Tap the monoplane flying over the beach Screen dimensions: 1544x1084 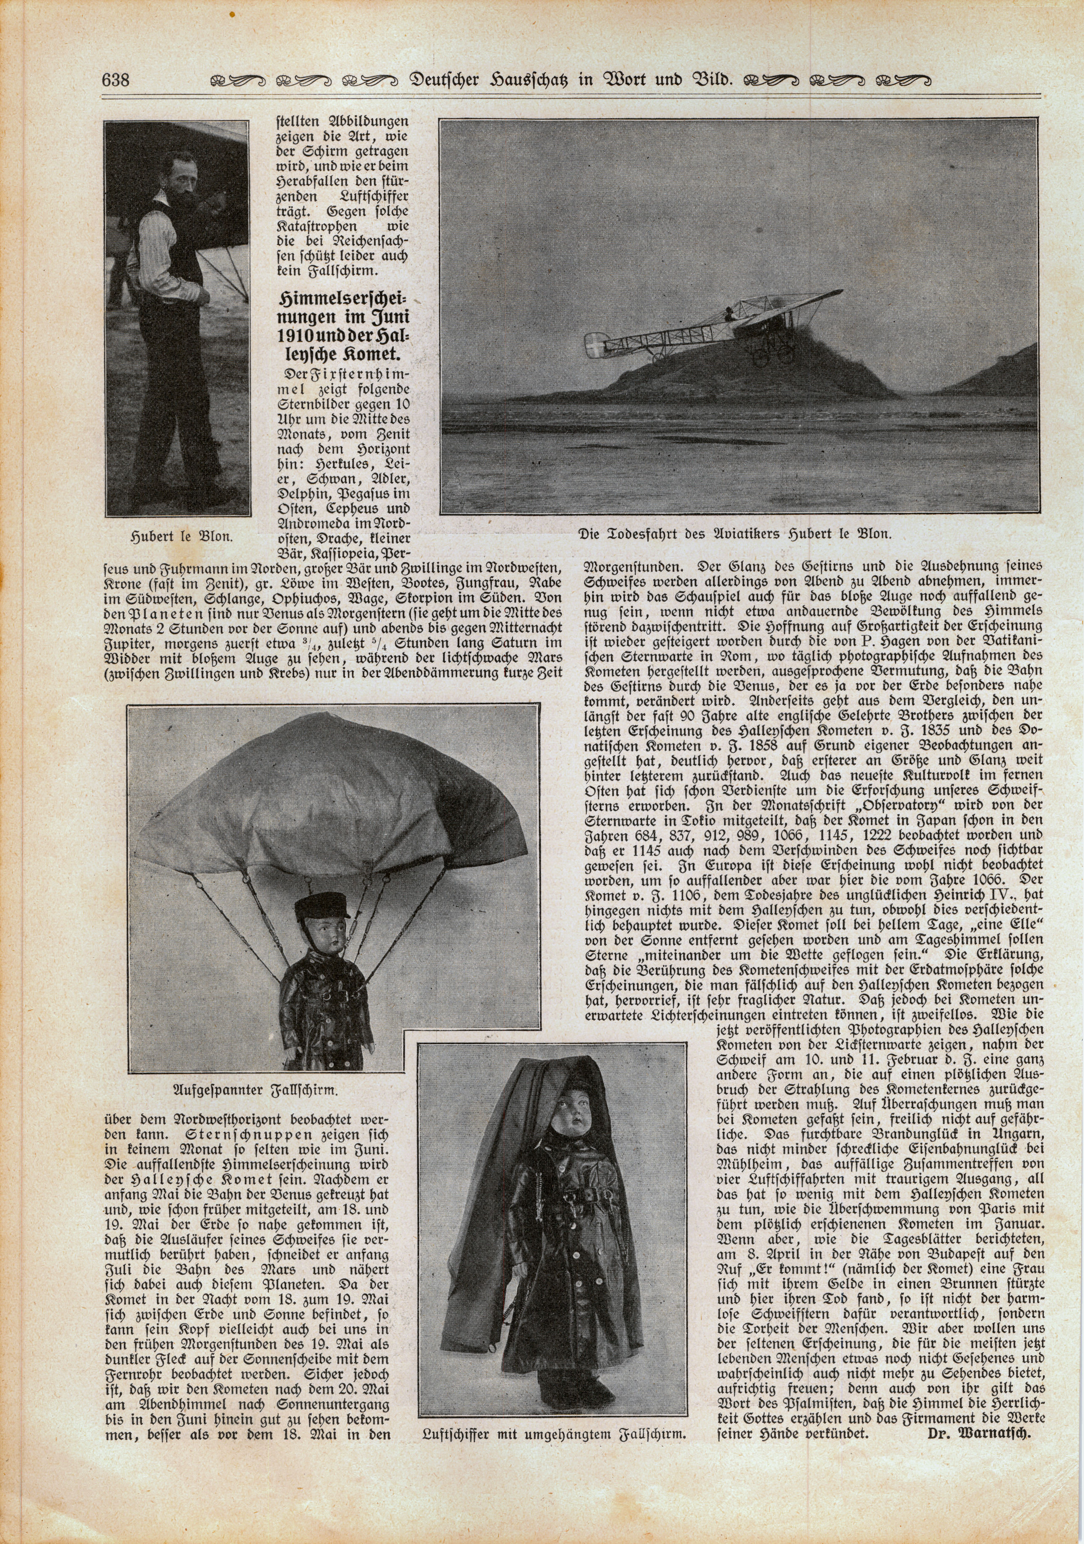click(x=700, y=330)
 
